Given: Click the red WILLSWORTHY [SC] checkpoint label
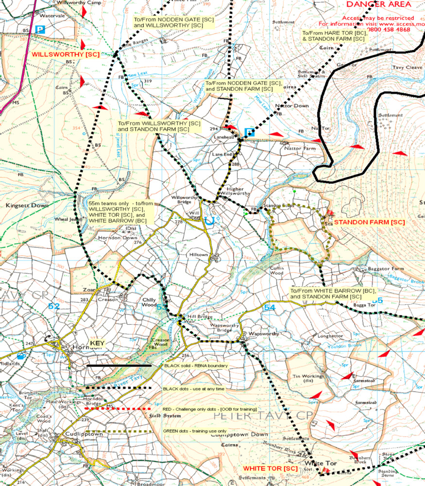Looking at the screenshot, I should tap(66, 54).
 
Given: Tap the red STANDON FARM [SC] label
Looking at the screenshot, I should tap(370, 222).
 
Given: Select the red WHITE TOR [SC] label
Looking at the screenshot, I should tap(270, 468).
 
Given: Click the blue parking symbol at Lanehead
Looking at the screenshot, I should tap(249, 132).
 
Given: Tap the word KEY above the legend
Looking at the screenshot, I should tap(98, 343).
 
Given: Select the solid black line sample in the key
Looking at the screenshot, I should tap(119, 365).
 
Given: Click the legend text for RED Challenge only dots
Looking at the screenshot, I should tap(209, 410).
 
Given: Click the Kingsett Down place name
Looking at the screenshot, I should tap(27, 206).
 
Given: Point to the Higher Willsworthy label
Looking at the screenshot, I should tap(235, 191).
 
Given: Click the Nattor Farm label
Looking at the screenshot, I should tap(300, 148).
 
